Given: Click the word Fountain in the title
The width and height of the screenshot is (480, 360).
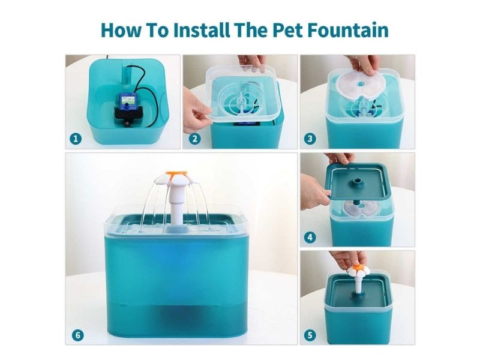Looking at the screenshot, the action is click(x=348, y=30).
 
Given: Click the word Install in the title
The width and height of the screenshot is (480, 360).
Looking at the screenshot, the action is click(x=201, y=30).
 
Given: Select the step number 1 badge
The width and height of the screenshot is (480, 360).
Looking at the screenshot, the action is click(x=76, y=139).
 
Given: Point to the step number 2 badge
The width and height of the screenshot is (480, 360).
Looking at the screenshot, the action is click(x=194, y=139).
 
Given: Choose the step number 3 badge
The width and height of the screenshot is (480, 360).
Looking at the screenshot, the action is click(x=310, y=139).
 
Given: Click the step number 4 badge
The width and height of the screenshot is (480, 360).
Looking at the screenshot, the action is click(x=310, y=237).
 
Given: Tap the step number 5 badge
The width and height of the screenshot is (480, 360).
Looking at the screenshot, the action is click(x=310, y=335).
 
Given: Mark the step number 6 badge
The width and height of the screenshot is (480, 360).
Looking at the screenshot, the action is click(x=77, y=335).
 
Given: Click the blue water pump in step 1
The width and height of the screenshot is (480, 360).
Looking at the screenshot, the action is click(x=128, y=102).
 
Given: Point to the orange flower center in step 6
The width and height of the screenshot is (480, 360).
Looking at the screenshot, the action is click(x=176, y=175).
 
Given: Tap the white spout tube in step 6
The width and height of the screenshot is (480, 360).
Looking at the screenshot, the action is click(x=176, y=208).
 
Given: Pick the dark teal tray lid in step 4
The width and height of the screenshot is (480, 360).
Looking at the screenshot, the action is click(x=357, y=181).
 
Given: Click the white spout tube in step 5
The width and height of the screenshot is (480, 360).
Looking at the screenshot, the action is click(x=358, y=284).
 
